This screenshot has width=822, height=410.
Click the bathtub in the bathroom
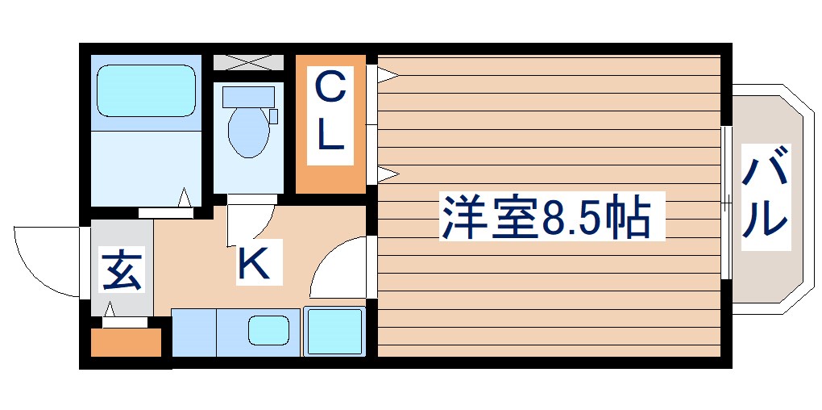tap(146, 90)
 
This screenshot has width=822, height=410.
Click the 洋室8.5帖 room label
tap(546, 216)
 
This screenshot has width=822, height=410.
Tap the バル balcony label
tap(764, 196)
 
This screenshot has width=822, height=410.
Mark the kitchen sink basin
tap(268, 331)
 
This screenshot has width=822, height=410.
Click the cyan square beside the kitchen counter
tap(334, 331)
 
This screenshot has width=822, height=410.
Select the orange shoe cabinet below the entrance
tap(126, 342)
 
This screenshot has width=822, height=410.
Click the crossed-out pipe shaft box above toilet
tap(248, 62)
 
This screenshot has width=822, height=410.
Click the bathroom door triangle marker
tap(185, 198)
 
